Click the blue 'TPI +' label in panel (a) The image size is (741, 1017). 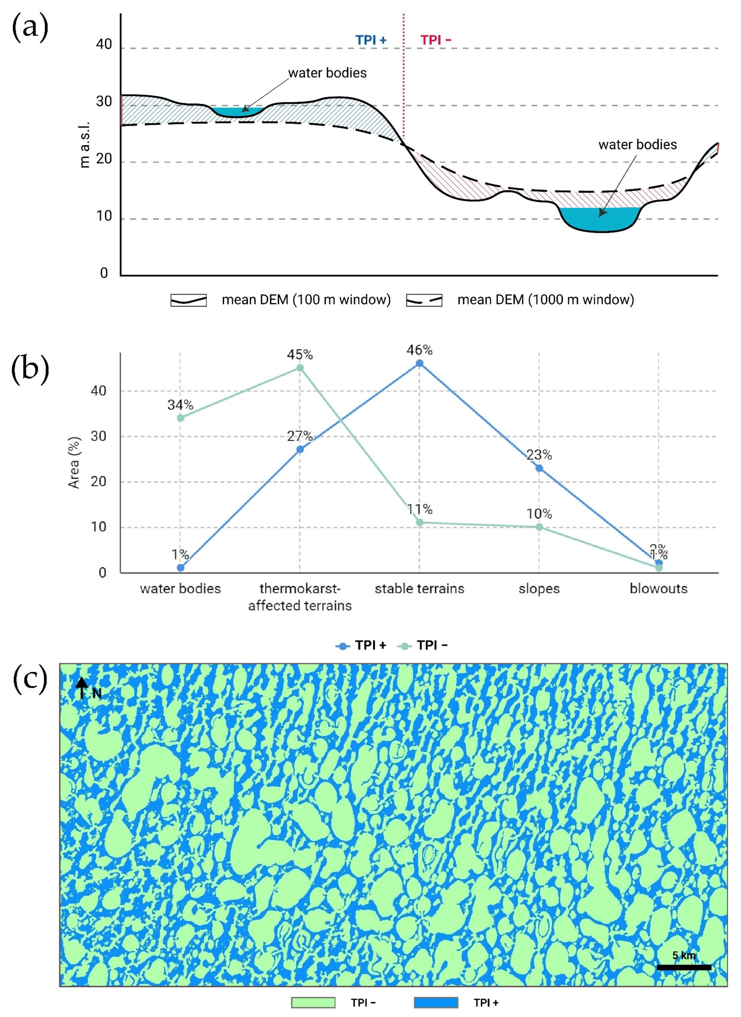pyautogui.click(x=371, y=40)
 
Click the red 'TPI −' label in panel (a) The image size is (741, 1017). pyautogui.click(x=435, y=40)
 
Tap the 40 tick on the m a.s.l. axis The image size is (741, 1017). pyautogui.click(x=104, y=44)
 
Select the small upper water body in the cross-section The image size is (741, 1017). pyautogui.click(x=237, y=112)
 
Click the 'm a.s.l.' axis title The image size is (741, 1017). pyautogui.click(x=84, y=144)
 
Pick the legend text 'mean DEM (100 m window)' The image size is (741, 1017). pyautogui.click(x=306, y=300)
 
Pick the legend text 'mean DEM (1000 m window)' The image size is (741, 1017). pyautogui.click(x=546, y=300)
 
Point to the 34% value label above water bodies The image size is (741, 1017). pyautogui.click(x=180, y=405)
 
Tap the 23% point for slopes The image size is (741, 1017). pyautogui.click(x=539, y=468)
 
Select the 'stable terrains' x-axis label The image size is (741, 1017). pyautogui.click(x=419, y=588)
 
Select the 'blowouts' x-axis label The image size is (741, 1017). pyautogui.click(x=658, y=588)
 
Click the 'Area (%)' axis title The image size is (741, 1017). pyautogui.click(x=74, y=463)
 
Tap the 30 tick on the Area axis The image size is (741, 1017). pyautogui.click(x=99, y=436)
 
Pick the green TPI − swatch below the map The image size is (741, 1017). pyautogui.click(x=313, y=1003)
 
